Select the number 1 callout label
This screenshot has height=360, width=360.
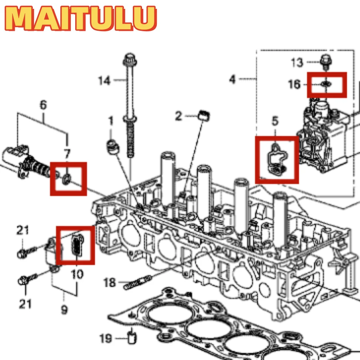pyautogui.click(x=110, y=120)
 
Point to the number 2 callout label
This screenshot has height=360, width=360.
pyautogui.click(x=178, y=116)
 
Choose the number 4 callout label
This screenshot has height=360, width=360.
pyautogui.click(x=232, y=79)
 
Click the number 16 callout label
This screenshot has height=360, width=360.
pyautogui.click(x=294, y=84)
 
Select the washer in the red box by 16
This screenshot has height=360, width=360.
pyautogui.click(x=326, y=84)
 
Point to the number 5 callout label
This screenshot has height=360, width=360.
pyautogui.click(x=276, y=120)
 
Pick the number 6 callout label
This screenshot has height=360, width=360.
pyautogui.click(x=43, y=105)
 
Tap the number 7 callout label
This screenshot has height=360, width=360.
pyautogui.click(x=67, y=153)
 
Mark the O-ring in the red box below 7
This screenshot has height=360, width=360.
pyautogui.click(x=67, y=177)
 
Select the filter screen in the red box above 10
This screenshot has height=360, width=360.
pyautogui.click(x=76, y=244)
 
